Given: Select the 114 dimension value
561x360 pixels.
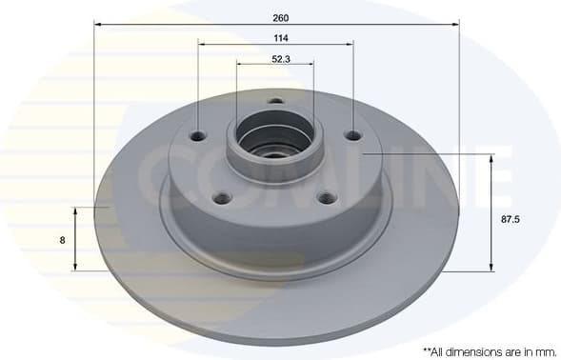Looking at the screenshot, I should click(280, 38).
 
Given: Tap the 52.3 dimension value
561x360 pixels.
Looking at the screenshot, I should click(280, 60).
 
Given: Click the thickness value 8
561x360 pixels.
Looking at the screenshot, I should click(62, 240).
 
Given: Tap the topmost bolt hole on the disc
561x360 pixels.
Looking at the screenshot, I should click(275, 102).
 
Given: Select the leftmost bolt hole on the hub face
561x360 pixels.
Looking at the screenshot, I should click(198, 136).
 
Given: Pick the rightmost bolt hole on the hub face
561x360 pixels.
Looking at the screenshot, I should click(353, 136).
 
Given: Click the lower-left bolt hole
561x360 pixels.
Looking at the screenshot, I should click(223, 198).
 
